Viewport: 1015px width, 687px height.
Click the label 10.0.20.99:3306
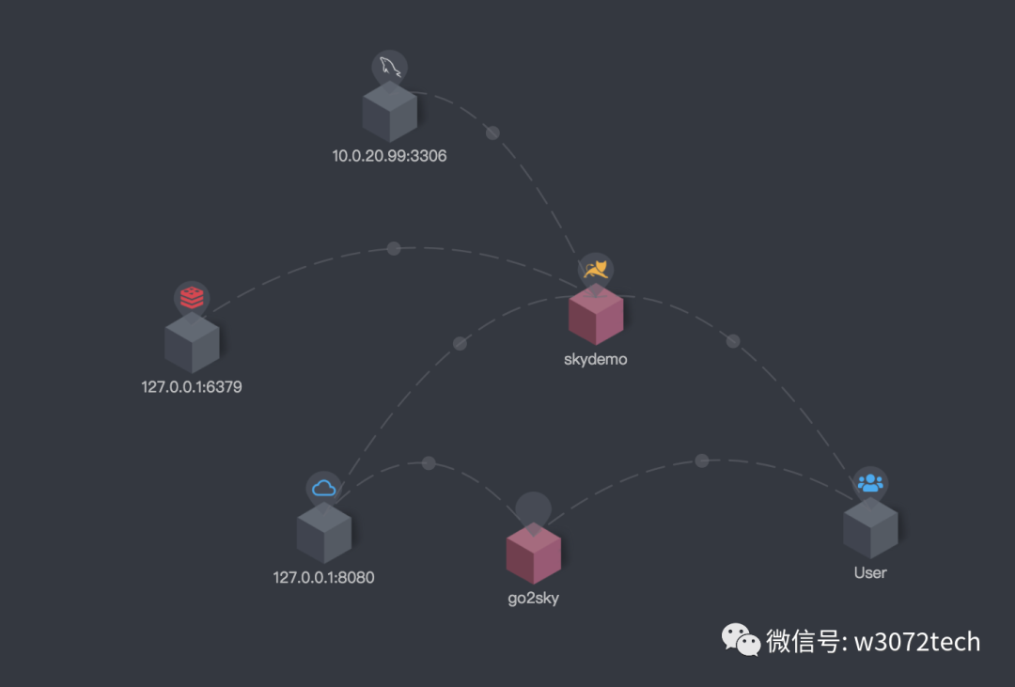point(389,156)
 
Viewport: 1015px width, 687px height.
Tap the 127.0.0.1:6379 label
point(192,386)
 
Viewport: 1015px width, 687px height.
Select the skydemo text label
point(595,359)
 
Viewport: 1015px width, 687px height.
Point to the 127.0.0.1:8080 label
point(323,577)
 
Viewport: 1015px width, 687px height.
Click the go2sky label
point(533,599)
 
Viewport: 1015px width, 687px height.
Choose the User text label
point(869,572)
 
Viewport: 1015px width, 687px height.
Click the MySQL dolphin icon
point(389,68)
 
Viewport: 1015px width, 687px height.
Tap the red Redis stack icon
point(192,298)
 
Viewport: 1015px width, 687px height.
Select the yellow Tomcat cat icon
point(595,271)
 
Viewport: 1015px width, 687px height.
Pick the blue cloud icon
point(323,488)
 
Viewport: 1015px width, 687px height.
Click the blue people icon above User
point(870,483)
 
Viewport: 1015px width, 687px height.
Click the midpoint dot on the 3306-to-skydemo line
point(492,133)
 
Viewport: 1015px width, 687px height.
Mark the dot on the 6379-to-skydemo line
point(394,248)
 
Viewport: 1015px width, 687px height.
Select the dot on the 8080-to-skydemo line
point(460,343)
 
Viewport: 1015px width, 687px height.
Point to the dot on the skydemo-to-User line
point(733,340)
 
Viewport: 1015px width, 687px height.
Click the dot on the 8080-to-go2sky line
point(429,463)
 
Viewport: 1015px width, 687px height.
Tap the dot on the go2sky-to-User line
point(701,461)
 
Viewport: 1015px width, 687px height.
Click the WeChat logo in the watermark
point(741,641)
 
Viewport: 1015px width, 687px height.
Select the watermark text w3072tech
point(915,642)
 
